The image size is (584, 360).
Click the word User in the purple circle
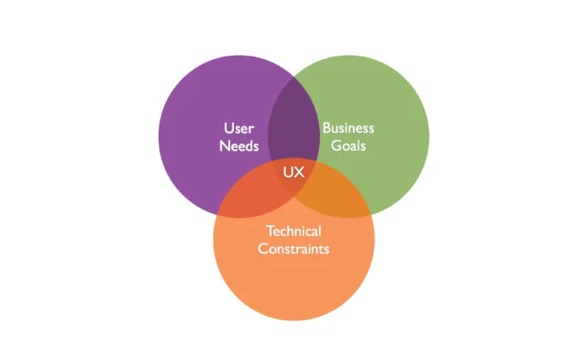(x=238, y=129)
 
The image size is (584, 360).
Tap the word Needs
(x=239, y=146)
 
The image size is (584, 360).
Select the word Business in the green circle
(x=348, y=128)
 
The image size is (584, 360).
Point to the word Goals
(x=348, y=146)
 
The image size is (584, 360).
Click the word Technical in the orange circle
(x=293, y=230)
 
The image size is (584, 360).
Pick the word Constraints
(x=293, y=249)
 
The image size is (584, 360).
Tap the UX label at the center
(x=294, y=173)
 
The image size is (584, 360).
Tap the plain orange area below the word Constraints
(x=293, y=287)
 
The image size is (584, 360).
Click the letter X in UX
(x=299, y=173)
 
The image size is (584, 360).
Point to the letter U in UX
(x=289, y=173)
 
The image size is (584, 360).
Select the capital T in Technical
(x=269, y=230)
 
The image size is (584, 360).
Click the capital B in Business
(x=326, y=128)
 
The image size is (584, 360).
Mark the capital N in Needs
(x=224, y=146)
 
